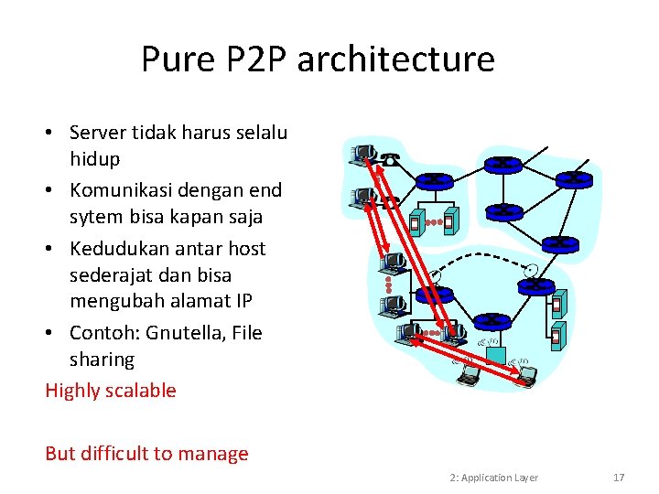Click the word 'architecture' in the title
[395, 59]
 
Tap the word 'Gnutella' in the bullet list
[189, 333]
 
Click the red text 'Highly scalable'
[111, 391]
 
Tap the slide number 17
[619, 478]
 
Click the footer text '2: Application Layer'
[494, 478]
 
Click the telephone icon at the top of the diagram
[391, 159]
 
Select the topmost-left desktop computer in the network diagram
[362, 153]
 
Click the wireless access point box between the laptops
[495, 354]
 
